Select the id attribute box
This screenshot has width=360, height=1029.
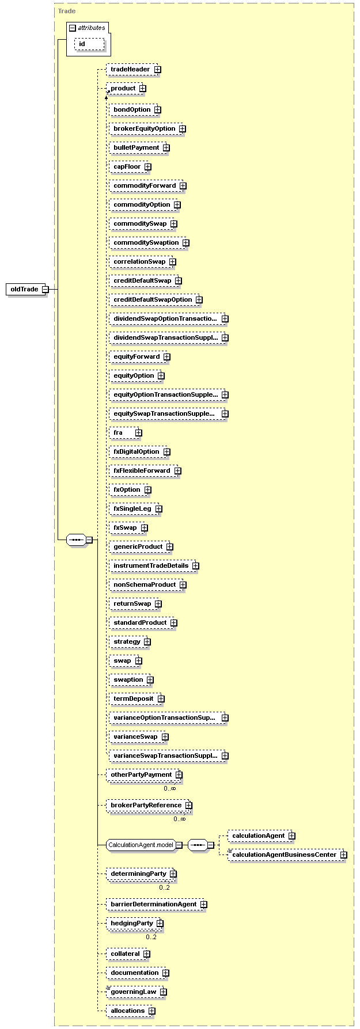pos(89,44)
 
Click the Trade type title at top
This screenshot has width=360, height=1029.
pos(67,11)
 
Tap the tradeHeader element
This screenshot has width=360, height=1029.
pos(131,70)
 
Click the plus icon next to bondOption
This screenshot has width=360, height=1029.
pos(157,110)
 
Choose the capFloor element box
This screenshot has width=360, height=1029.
pos(128,167)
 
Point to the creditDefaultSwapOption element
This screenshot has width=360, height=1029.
pos(153,300)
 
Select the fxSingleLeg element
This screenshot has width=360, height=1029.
pos(133,509)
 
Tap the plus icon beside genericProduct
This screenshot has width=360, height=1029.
pos(170,547)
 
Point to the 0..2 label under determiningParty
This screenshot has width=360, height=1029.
pos(165,887)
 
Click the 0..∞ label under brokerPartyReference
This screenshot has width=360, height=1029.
pos(180,819)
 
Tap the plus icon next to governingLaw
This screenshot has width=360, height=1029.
pos(164,992)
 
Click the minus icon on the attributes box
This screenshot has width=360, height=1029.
pos(73,28)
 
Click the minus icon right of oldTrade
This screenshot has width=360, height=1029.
pos(45,289)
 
